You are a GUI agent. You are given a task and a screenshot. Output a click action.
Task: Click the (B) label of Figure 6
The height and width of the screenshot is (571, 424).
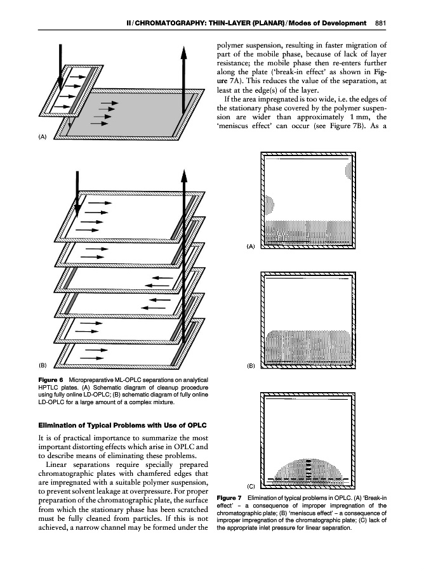point(43,365)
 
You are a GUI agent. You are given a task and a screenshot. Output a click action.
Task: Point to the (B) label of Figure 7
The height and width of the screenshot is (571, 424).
point(250,366)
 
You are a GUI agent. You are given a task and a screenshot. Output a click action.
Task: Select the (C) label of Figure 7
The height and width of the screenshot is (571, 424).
point(250,485)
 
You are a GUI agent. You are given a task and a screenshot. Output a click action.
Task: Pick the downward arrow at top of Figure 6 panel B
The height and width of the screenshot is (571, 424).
point(76,190)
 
